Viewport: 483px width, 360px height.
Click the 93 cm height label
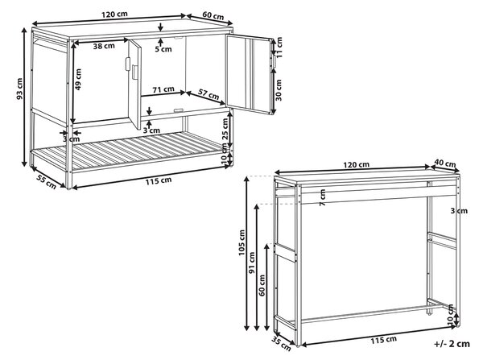19,89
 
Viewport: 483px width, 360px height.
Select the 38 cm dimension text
104,46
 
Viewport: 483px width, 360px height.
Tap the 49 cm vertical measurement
78,79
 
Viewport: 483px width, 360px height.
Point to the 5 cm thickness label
163,49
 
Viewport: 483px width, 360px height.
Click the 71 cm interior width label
163,89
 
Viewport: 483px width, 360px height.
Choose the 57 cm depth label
208,95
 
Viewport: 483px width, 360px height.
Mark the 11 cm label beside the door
279,48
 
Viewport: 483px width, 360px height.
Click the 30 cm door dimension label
279,90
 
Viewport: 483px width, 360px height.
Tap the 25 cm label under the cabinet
225,129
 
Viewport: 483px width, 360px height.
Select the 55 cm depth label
47,181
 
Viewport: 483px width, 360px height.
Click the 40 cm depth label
445,163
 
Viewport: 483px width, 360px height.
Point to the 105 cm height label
242,242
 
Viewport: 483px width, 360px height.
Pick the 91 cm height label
252,263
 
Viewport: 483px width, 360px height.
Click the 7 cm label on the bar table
323,197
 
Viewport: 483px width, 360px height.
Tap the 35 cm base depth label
281,344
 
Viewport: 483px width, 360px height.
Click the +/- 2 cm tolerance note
452,344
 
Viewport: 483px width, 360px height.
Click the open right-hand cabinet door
249,74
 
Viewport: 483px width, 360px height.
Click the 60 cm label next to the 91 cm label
262,285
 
